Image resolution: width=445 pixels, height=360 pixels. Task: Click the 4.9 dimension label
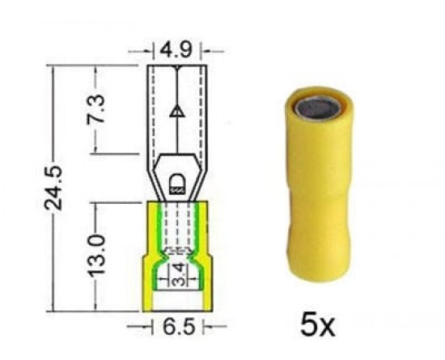click(176, 50)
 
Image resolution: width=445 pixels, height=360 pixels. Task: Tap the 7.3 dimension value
click(95, 108)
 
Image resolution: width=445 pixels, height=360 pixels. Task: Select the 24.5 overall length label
click(53, 188)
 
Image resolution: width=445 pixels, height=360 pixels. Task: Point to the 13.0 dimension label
click(96, 256)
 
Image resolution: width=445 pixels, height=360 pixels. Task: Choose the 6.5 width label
click(180, 326)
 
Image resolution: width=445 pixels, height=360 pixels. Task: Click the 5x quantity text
click(317, 324)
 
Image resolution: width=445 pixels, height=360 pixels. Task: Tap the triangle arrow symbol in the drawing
click(177, 112)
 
